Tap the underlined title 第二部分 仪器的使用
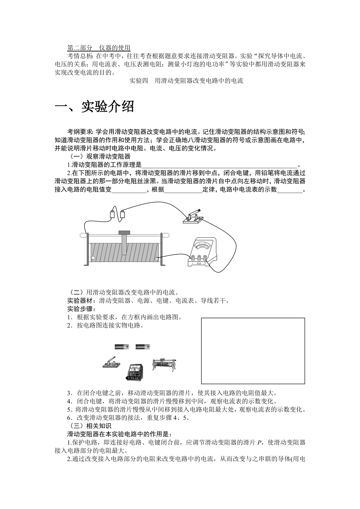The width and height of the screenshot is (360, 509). pos(99,48)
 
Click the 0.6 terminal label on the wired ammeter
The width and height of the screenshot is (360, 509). pos(199,263)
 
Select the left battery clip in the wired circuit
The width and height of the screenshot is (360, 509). pos(112,214)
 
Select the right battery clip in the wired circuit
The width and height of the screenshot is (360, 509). pos(122,214)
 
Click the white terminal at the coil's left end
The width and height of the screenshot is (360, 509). pos(93,258)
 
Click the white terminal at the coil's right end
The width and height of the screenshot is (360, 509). pos(157,258)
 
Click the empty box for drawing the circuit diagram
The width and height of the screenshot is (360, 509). pos(253,351)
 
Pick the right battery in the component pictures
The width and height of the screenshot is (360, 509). pos(143,346)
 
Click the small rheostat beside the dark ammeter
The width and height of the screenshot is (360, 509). pos(165,363)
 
